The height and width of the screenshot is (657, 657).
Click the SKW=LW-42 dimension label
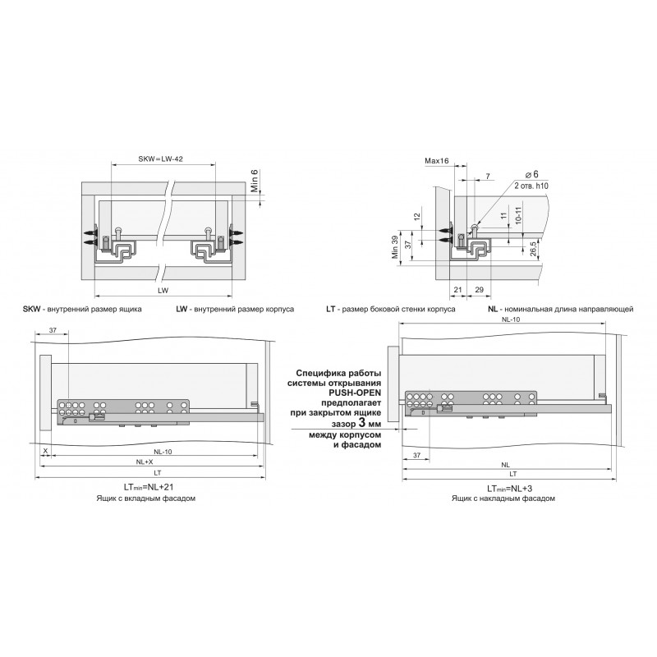click(x=160, y=159)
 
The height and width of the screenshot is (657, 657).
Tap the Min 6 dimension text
click(x=255, y=181)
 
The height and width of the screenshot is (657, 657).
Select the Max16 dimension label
click(x=437, y=161)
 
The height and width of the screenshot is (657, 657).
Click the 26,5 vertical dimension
click(x=533, y=249)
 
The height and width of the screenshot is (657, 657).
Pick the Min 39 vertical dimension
click(x=395, y=247)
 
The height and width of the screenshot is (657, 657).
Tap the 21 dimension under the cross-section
click(x=458, y=290)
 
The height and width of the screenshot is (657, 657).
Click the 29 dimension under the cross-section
click(x=480, y=290)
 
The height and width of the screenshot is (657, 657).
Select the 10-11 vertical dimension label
click(x=518, y=215)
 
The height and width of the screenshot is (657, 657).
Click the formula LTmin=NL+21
click(x=149, y=487)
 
